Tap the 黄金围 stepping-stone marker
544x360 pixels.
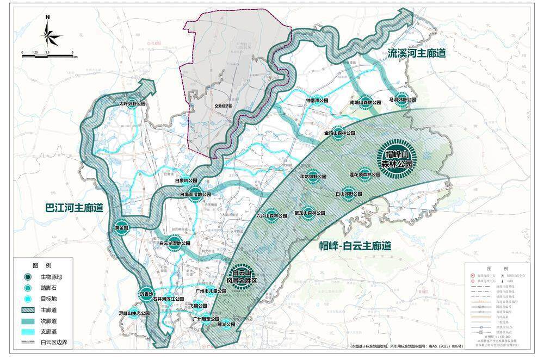121,227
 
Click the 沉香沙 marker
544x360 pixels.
147,294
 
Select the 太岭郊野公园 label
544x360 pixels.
133,102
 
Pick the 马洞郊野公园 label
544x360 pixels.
402,100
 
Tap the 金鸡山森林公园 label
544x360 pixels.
339,133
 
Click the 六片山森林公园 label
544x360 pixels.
271,215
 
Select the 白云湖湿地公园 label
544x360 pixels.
175,244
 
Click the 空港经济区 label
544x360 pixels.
223,107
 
